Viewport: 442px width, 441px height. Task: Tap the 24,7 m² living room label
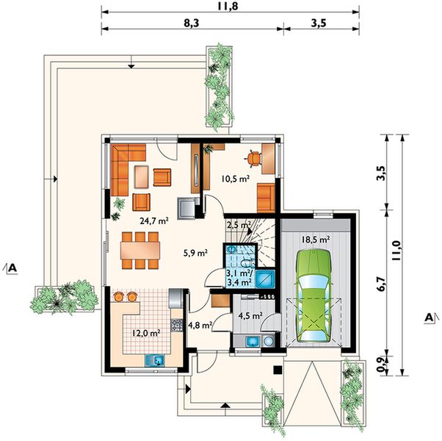tap(154, 220)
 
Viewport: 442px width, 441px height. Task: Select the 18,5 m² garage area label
tap(316, 240)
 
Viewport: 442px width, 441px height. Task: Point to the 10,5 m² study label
tap(236, 179)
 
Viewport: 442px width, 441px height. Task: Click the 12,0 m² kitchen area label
tap(147, 333)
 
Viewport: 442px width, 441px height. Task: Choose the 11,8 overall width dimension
tap(228, 6)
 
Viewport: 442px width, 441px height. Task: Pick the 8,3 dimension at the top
tap(192, 23)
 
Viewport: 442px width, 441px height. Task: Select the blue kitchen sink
tap(155, 360)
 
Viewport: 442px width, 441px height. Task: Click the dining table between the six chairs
tap(140, 251)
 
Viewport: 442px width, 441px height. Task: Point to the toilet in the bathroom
tap(247, 263)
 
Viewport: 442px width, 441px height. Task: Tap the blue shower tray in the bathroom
tap(266, 279)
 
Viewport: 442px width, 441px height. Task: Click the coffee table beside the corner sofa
tap(142, 177)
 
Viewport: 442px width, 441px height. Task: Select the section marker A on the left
tap(11, 268)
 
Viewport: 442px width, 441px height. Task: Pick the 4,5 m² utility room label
tap(250, 315)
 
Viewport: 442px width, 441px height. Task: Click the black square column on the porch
tap(278, 370)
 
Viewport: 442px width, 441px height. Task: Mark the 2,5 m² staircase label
tap(239, 225)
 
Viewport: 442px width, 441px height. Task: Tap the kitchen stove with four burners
tap(177, 325)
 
